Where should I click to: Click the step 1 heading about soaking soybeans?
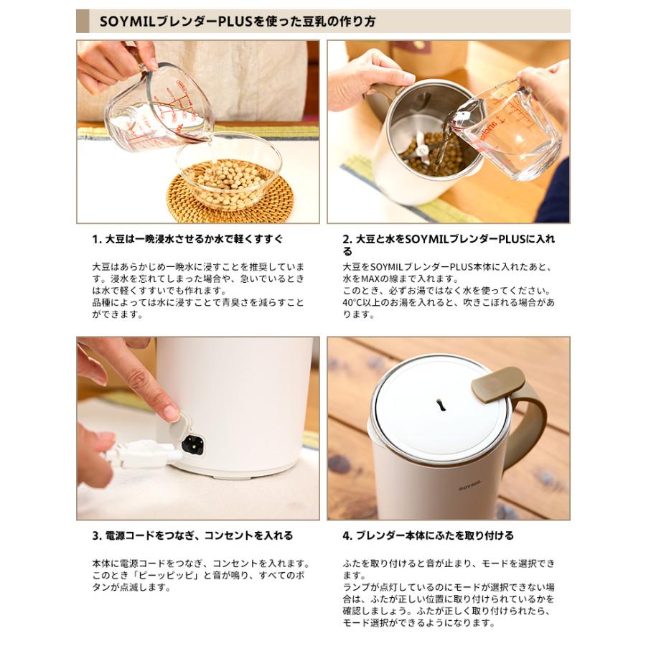(187, 239)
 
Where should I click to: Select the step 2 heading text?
(449, 245)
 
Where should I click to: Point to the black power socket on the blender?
(192, 444)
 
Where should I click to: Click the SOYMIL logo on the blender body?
(469, 485)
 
